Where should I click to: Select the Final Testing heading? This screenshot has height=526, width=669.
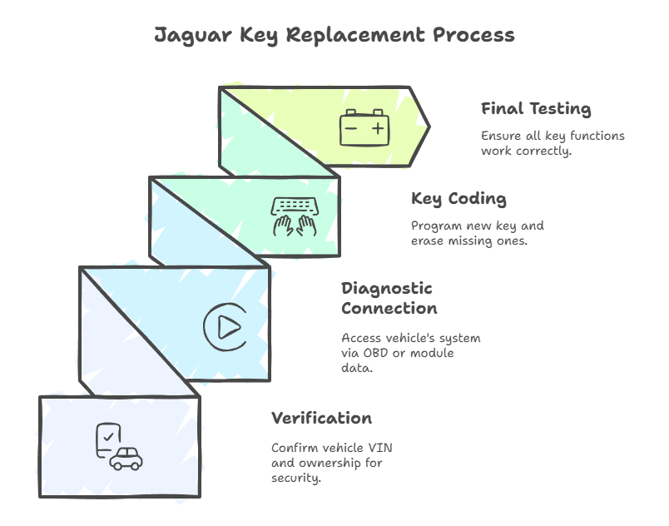pyautogui.click(x=536, y=109)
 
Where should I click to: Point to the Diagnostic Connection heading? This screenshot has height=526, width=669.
pyautogui.click(x=389, y=298)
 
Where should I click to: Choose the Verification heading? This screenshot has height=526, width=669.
pyautogui.click(x=321, y=418)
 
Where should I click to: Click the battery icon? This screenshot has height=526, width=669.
pyautogui.click(x=364, y=127)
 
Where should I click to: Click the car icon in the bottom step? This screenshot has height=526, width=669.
pyautogui.click(x=126, y=459)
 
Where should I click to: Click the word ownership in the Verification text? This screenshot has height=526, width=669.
pyautogui.click(x=333, y=462)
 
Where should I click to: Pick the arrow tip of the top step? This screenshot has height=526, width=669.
pyautogui.click(x=429, y=127)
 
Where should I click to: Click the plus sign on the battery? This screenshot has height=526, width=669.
pyautogui.click(x=378, y=128)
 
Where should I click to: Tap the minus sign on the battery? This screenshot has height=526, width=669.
pyautogui.click(x=351, y=128)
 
